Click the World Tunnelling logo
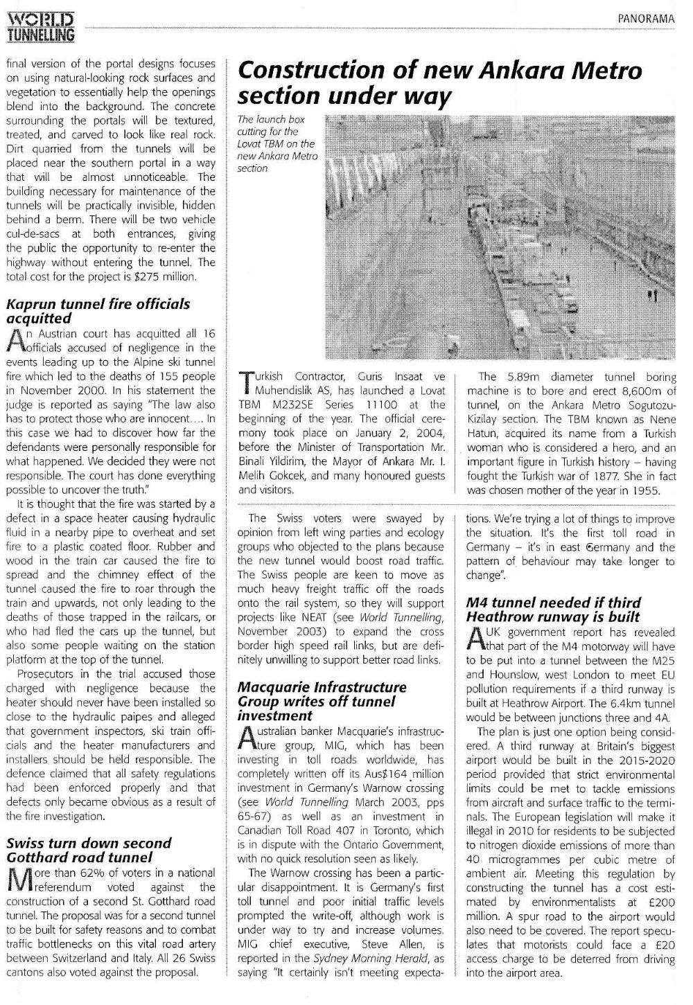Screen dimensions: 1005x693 click(41, 27)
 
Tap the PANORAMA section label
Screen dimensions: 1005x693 click(647, 19)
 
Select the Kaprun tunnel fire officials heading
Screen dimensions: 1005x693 click(98, 311)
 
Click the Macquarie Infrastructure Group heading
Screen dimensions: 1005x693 click(322, 701)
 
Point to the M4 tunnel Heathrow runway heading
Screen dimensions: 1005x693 click(553, 610)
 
